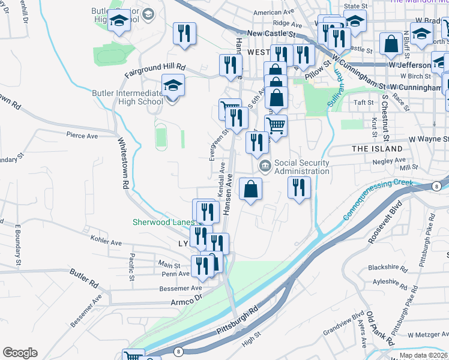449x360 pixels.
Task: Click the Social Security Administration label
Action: coord(301,167)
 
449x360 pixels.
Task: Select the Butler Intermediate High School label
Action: coord(127,97)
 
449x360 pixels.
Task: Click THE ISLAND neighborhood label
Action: coord(377,148)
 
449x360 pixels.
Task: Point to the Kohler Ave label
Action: coord(106,242)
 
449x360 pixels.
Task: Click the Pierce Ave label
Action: coord(82,136)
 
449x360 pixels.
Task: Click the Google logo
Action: coord(20,353)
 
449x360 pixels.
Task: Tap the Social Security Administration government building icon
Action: coord(263,166)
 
